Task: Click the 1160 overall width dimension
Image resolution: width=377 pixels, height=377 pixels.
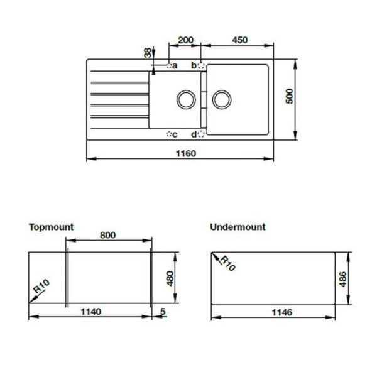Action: (186, 153)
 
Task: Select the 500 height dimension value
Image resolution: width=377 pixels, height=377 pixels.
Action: (290, 96)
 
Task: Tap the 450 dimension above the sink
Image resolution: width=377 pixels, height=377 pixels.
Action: (240, 40)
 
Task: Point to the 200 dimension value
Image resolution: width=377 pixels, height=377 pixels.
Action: (185, 40)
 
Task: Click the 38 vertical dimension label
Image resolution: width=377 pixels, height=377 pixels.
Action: (148, 53)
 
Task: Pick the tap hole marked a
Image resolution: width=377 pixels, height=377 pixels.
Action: (169, 65)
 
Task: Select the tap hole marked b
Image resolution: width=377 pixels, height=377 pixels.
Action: (201, 65)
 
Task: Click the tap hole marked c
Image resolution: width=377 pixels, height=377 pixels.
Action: (169, 134)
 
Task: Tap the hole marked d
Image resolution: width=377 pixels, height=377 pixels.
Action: (201, 134)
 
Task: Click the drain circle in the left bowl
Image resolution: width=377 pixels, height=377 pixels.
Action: (186, 99)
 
